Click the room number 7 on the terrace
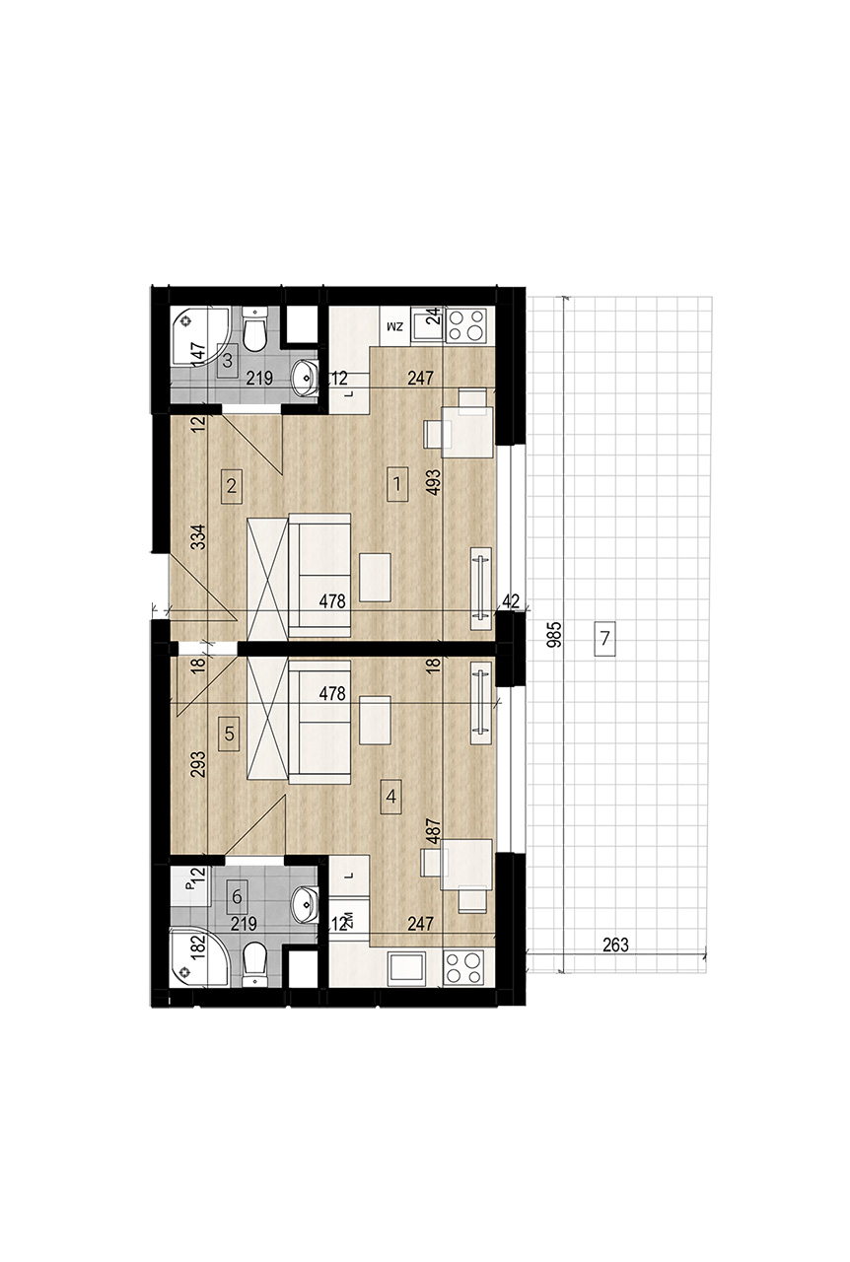[x=604, y=638]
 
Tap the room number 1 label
[x=397, y=484]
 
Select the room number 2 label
[x=232, y=486]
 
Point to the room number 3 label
[x=227, y=361]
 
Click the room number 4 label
[x=391, y=798]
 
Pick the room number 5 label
[x=229, y=734]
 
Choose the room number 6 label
[x=237, y=896]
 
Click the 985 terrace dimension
[x=555, y=634]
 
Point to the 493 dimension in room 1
[x=434, y=482]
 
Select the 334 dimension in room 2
[x=198, y=537]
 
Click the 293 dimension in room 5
[x=198, y=764]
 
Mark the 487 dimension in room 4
[x=434, y=831]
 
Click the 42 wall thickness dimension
[x=511, y=600]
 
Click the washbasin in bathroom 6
[x=305, y=905]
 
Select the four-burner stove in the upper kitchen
[x=466, y=325]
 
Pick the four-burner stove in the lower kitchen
[x=463, y=968]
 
